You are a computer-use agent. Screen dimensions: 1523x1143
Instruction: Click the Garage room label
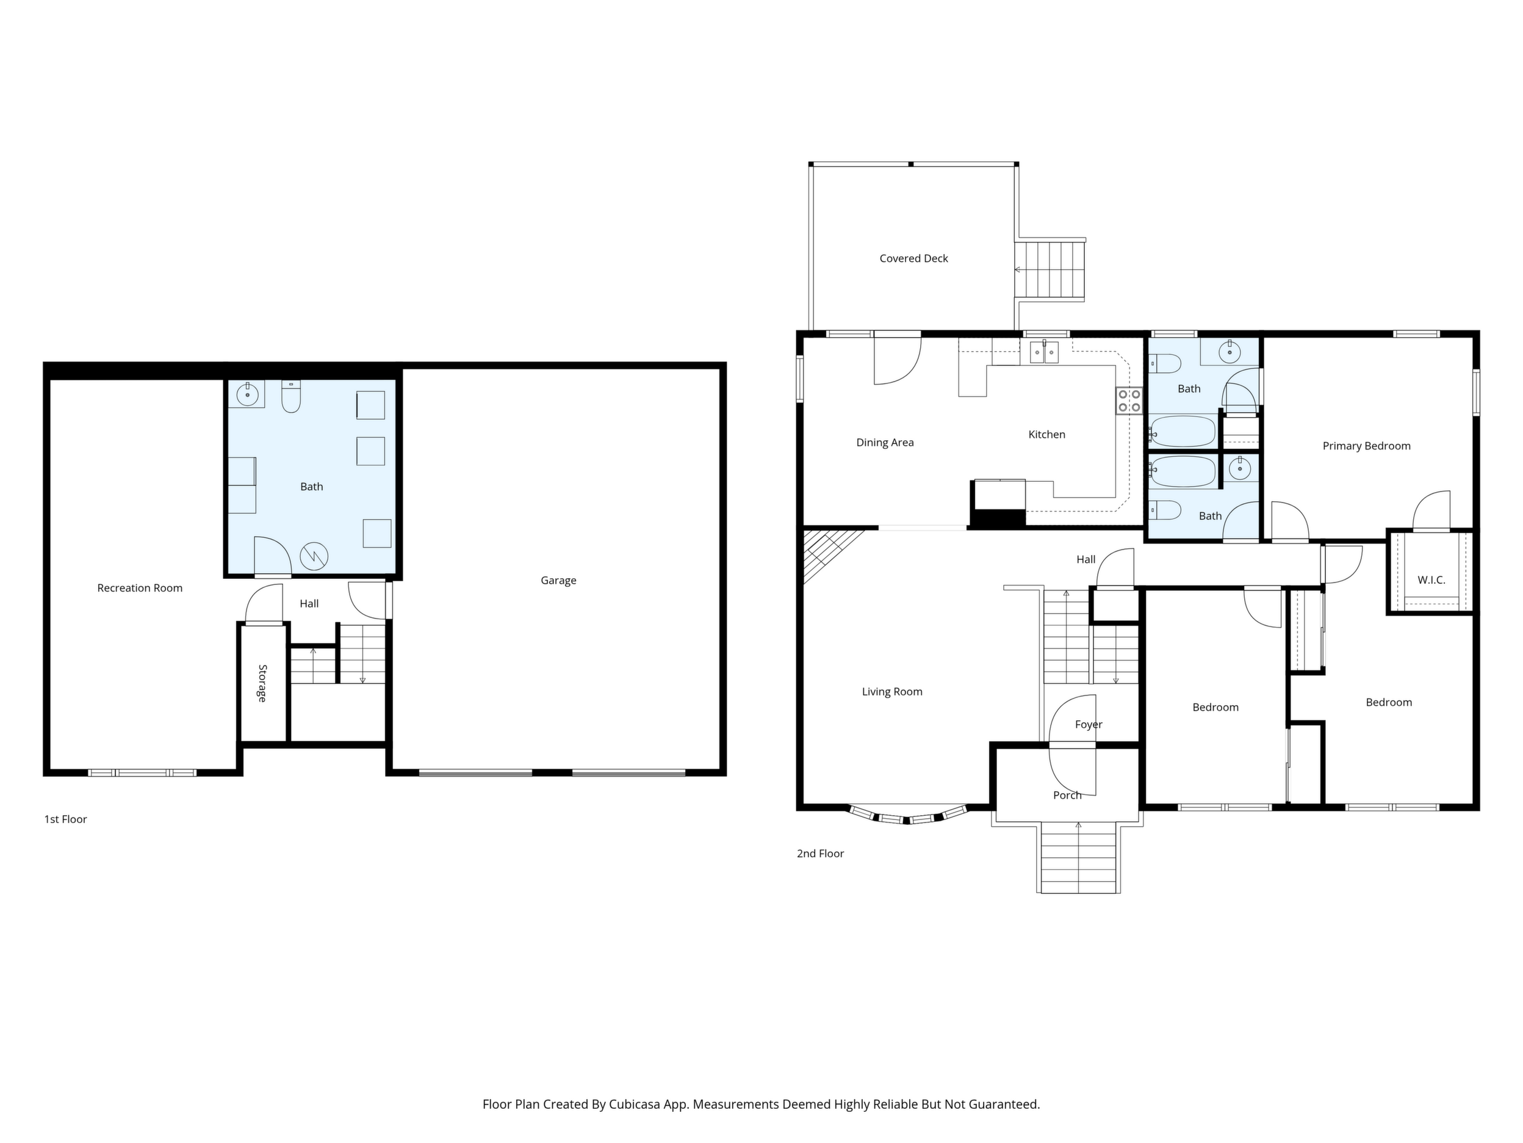click(558, 580)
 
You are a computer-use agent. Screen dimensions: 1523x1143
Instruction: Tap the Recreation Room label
click(140, 588)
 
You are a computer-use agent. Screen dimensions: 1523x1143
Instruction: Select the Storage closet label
click(262, 683)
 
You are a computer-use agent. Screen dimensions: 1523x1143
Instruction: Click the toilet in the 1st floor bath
click(291, 396)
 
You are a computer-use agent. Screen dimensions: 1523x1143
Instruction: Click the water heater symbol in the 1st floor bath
click(314, 556)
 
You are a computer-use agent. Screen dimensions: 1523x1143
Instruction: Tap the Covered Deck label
click(913, 258)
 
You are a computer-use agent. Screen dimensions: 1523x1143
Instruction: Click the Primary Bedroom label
click(1366, 446)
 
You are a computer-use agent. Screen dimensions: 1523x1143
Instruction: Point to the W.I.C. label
click(1431, 580)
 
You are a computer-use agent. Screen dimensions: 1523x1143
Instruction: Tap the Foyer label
click(1089, 724)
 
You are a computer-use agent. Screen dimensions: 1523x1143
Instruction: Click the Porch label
click(1067, 795)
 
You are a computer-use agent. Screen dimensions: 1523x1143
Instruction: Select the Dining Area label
click(885, 442)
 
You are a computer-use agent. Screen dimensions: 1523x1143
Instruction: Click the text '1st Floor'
click(65, 819)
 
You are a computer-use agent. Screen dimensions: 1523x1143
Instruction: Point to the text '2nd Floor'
click(820, 854)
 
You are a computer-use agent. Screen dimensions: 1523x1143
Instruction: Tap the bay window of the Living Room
click(907, 815)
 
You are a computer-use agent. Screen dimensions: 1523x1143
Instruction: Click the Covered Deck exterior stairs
click(1050, 269)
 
